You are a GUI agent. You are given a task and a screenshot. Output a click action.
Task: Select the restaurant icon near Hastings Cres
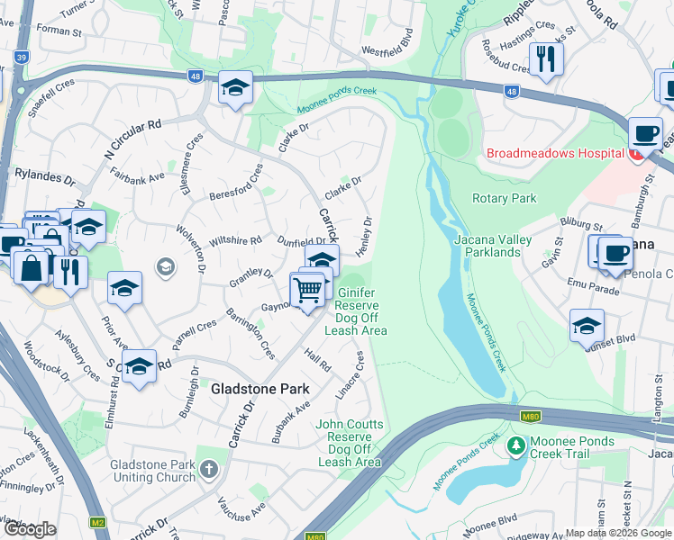click(546, 59)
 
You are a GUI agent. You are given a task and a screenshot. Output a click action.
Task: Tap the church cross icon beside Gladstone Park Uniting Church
click(209, 469)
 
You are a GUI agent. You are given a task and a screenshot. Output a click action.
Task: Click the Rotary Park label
click(504, 198)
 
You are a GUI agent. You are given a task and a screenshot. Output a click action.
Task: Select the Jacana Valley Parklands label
click(501, 246)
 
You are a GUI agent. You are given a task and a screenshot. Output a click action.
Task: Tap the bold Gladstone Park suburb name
click(260, 389)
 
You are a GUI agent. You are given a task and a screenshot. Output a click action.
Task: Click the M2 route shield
click(98, 522)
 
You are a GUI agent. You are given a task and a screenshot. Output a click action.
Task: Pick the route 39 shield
click(21, 57)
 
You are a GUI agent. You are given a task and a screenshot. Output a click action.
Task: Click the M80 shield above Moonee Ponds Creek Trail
click(531, 415)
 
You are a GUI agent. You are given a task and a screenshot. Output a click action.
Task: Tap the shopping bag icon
click(32, 267)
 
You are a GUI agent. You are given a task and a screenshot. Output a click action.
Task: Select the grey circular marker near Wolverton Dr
click(164, 266)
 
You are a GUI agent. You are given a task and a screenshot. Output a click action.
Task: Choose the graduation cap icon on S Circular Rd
click(138, 366)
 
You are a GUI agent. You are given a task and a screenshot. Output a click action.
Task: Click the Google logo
click(30, 529)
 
